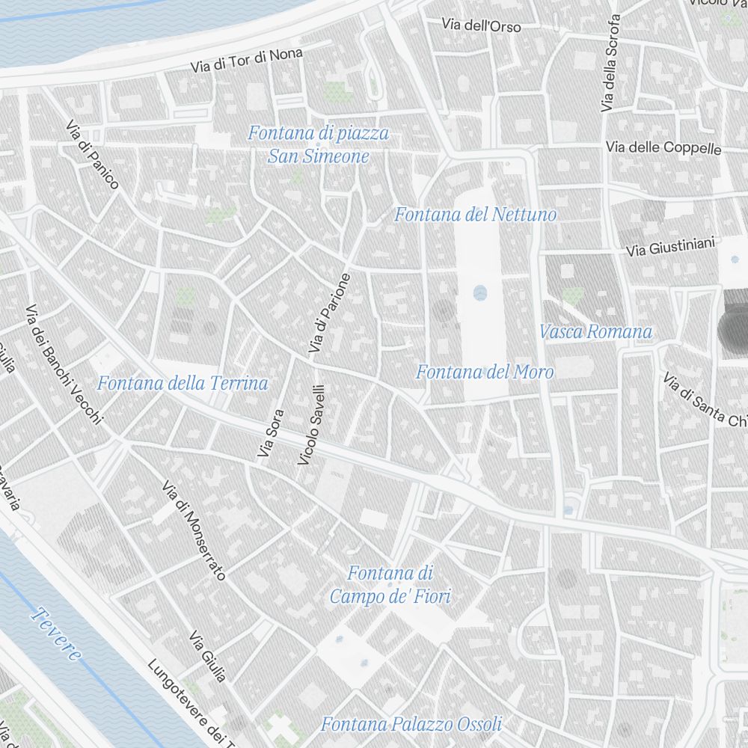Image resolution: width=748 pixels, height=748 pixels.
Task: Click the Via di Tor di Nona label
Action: (x=247, y=59)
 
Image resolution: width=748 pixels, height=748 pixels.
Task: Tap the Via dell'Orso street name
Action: (x=481, y=25)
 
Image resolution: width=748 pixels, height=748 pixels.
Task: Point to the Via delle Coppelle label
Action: (x=663, y=147)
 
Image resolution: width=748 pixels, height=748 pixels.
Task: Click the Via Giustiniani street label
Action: (x=671, y=247)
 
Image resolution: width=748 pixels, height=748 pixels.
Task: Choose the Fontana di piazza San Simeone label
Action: (x=319, y=145)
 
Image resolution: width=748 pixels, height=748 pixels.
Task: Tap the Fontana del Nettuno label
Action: (x=475, y=215)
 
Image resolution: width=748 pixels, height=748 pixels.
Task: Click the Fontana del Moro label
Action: (x=485, y=372)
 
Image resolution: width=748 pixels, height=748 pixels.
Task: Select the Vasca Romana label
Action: (x=595, y=331)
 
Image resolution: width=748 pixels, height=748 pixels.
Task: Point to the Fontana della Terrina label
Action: (x=183, y=384)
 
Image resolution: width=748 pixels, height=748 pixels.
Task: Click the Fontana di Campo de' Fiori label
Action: (x=390, y=585)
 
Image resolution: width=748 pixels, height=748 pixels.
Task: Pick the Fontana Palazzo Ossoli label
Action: (x=411, y=724)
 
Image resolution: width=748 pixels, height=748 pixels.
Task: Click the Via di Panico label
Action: (x=92, y=155)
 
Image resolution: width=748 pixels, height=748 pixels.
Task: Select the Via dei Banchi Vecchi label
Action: (x=63, y=364)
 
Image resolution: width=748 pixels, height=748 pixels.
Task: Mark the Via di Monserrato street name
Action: (x=194, y=530)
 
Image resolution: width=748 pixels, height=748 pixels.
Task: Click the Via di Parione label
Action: (x=329, y=313)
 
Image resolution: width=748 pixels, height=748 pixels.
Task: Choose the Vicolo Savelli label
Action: (x=311, y=425)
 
